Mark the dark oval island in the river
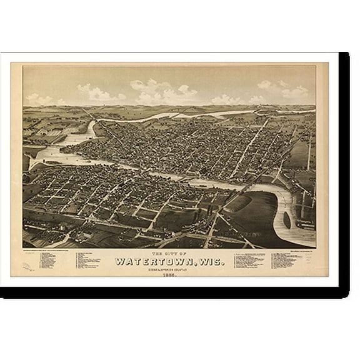287,219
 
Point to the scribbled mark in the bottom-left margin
29,268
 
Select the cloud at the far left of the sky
41,99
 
